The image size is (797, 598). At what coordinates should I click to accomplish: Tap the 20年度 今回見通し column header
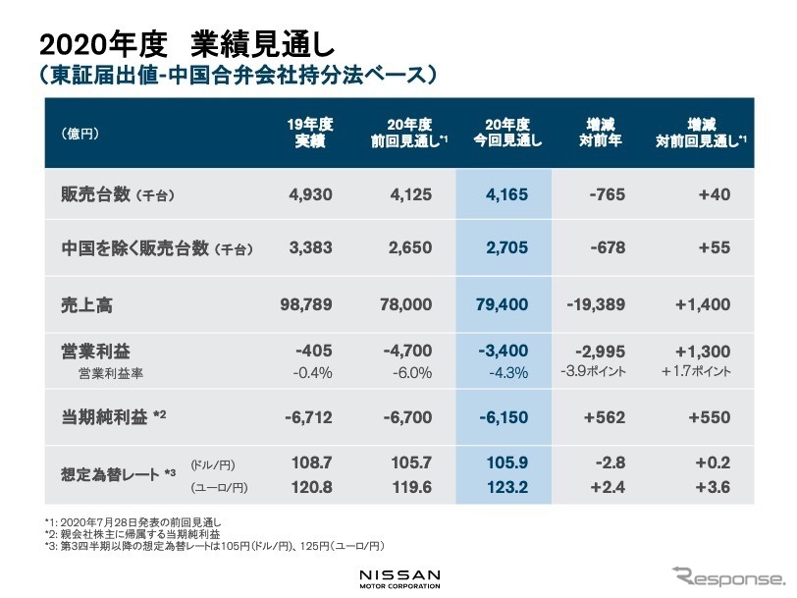point(507,133)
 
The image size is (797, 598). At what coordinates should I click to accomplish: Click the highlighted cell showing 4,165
point(507,194)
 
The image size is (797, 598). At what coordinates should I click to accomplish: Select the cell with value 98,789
point(307,305)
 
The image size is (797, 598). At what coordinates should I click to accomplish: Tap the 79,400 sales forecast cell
point(504,305)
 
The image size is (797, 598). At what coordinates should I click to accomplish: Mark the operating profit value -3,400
point(506,351)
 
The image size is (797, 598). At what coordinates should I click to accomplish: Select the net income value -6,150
point(506,417)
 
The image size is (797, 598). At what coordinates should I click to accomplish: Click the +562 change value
point(605,417)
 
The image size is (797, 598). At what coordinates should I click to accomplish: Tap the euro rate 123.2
point(510,486)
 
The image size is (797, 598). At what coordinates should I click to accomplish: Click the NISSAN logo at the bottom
point(398,574)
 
